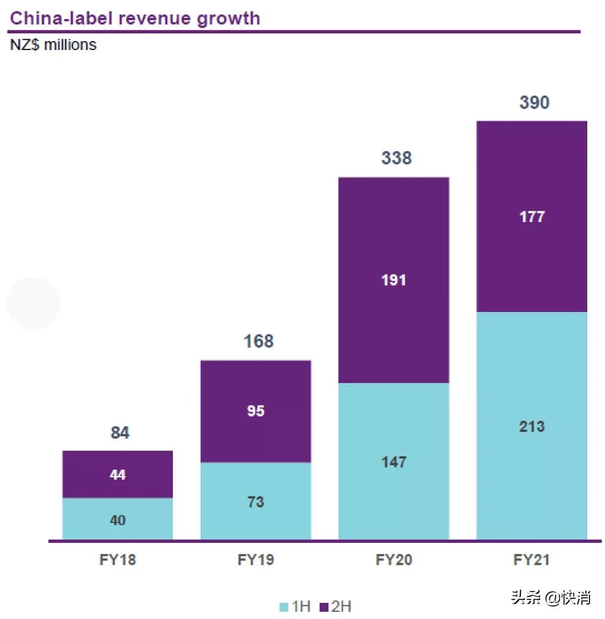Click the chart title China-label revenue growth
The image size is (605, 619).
(x=135, y=18)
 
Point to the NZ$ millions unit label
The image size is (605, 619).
(x=54, y=45)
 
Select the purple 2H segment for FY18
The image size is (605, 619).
(x=118, y=474)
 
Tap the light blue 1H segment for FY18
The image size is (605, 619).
(x=118, y=519)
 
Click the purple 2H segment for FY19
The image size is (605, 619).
(x=255, y=411)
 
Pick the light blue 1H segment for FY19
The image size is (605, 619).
(x=255, y=501)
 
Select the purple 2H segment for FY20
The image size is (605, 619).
(x=394, y=280)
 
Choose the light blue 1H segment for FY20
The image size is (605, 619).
(x=394, y=461)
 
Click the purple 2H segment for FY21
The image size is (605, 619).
(x=532, y=216)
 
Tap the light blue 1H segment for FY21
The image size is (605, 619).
(x=532, y=426)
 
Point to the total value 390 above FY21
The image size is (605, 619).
(x=534, y=103)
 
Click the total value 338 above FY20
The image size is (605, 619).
(x=396, y=158)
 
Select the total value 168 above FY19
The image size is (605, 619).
(x=258, y=342)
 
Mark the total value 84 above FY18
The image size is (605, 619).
(x=120, y=433)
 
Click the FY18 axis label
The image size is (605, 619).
(x=118, y=560)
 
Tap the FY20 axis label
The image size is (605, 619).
(x=394, y=560)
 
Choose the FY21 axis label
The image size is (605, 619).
(x=532, y=560)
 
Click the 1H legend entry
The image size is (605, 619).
(x=295, y=607)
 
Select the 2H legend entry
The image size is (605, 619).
(x=335, y=607)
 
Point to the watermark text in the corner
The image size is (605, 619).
(x=550, y=597)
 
